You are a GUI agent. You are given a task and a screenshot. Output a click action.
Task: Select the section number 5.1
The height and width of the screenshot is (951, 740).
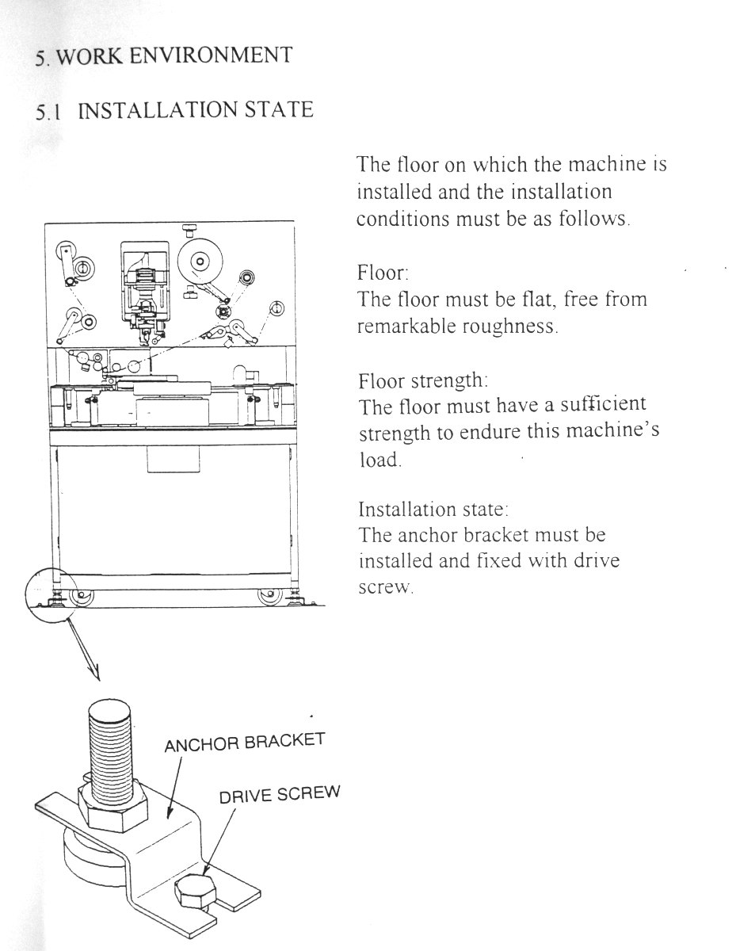(x=48, y=111)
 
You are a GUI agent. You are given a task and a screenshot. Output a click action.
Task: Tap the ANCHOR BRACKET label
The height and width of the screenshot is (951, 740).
(x=244, y=743)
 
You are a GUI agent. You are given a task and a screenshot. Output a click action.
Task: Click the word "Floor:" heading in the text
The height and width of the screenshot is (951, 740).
(x=383, y=273)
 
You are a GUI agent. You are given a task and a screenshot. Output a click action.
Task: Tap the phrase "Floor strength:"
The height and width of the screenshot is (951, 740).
(x=422, y=380)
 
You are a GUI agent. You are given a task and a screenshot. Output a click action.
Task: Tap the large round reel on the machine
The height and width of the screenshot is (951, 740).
(x=199, y=261)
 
